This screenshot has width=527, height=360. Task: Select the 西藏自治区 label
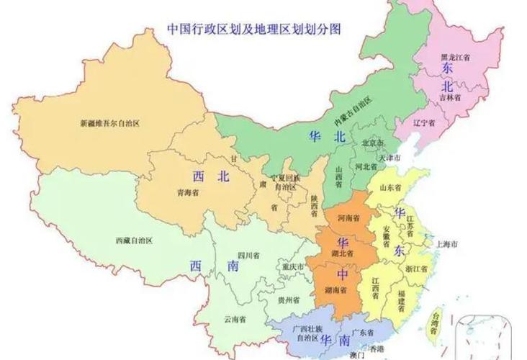135,240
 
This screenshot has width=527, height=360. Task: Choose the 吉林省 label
451,96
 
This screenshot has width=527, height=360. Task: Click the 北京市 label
374,143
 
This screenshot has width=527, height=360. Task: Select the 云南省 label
235,318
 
